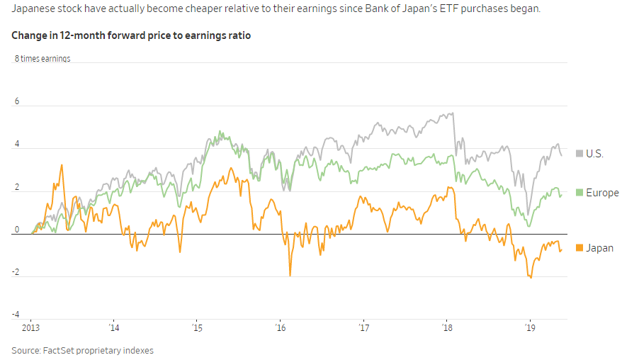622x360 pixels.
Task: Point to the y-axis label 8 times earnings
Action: coord(43,59)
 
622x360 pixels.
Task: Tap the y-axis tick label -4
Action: coord(16,315)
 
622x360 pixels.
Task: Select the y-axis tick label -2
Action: coord(16,273)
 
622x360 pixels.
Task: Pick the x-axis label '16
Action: coord(280,328)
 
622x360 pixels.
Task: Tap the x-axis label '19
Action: coord(531,328)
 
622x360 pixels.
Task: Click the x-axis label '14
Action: coord(113,328)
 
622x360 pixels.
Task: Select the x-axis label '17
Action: coord(364,328)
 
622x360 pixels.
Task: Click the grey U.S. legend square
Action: coord(579,153)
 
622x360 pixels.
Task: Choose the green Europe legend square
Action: coord(579,193)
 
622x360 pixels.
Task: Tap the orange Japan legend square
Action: coord(579,248)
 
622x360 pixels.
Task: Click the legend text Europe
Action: coord(602,193)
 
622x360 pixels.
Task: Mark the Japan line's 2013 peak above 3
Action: coord(62,165)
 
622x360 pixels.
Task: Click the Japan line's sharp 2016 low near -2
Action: coord(290,275)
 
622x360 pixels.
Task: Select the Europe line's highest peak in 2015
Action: coord(221,131)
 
